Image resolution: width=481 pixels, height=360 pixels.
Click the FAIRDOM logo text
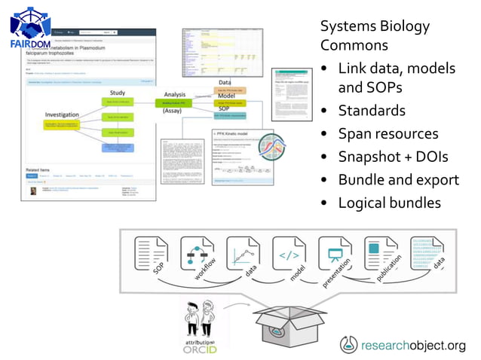click(x=30, y=44)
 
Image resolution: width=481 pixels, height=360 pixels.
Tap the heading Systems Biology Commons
click(x=375, y=35)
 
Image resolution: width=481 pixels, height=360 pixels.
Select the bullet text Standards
click(x=371, y=111)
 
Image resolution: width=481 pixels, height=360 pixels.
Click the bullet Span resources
click(x=388, y=134)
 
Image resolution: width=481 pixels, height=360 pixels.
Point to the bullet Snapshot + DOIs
click(x=393, y=157)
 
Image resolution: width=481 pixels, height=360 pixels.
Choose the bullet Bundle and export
click(x=398, y=180)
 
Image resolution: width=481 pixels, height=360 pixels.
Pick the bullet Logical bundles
click(x=389, y=203)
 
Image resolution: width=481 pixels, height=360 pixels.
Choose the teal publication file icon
click(x=381, y=253)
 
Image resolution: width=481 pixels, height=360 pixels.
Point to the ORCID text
click(x=199, y=350)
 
